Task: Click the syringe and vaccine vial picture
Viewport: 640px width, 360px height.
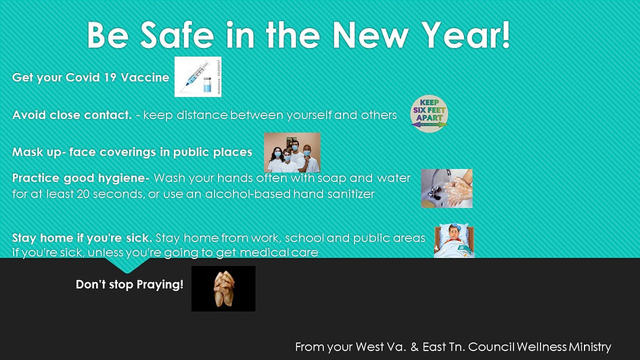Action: click(x=198, y=76)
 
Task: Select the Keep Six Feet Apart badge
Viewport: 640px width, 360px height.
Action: click(x=430, y=114)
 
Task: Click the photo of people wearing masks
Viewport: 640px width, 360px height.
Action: click(x=292, y=152)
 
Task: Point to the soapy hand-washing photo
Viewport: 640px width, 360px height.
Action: click(x=447, y=188)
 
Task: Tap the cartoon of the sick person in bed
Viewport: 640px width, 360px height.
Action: click(x=454, y=242)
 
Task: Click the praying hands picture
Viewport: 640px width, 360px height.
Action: click(x=223, y=288)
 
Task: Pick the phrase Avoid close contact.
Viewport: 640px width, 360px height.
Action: click(x=72, y=115)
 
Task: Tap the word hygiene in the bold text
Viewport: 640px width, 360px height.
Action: click(x=124, y=179)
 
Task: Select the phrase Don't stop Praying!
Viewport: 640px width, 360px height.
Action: click(x=129, y=284)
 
